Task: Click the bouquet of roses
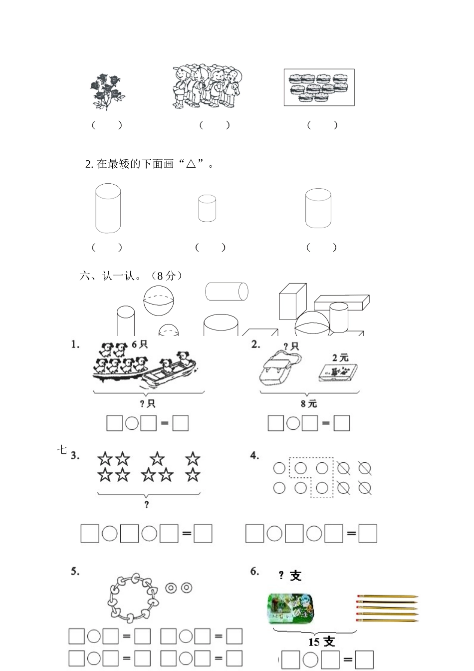click(107, 91)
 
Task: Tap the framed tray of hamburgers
click(319, 87)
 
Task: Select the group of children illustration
click(207, 86)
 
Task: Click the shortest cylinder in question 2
click(207, 209)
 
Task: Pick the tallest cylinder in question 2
click(108, 208)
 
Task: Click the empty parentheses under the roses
click(107, 125)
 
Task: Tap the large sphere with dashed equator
click(158, 301)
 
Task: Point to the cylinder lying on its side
click(227, 291)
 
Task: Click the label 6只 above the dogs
click(140, 344)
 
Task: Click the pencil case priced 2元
click(338, 372)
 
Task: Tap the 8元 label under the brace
click(309, 404)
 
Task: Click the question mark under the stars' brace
click(146, 505)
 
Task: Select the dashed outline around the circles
click(312, 477)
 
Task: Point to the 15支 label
click(322, 642)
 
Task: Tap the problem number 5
click(75, 571)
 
